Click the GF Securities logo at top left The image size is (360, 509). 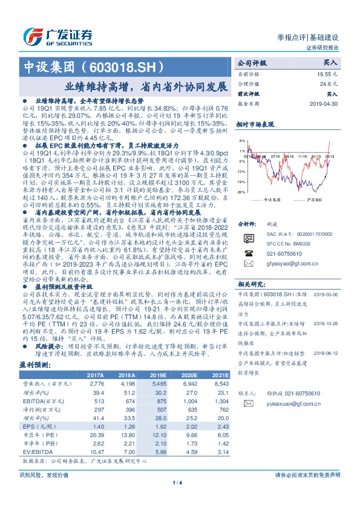(x=57, y=36)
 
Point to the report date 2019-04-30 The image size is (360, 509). (x=326, y=104)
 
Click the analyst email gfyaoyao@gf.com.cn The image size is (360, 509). (x=276, y=247)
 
